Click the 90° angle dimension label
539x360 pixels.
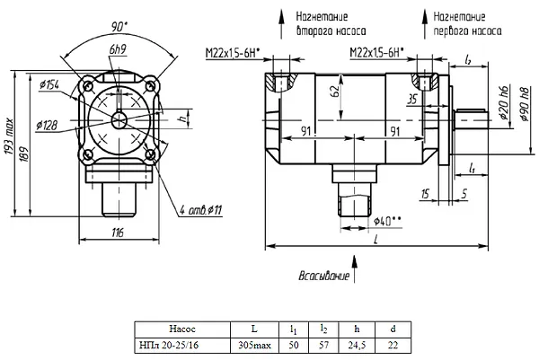pos(119,27)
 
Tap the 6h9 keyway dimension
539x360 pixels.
pos(118,49)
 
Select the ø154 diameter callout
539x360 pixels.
pos(49,84)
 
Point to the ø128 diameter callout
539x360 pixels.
pos(47,126)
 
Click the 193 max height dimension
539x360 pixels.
pos(9,136)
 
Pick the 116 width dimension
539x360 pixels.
pos(118,233)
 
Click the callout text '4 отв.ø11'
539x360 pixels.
pos(201,209)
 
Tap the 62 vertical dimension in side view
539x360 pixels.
pos(334,91)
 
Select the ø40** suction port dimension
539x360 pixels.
pos(387,221)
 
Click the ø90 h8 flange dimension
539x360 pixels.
pos(524,104)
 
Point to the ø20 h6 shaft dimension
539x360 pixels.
pos(504,102)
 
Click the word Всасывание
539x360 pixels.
pos(323,277)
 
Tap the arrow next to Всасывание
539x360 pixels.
pos(355,269)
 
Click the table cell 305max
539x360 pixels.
pos(254,345)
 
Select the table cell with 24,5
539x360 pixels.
pos(357,346)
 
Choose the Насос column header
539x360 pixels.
pos(182,329)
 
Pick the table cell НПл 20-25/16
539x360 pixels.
pos(169,345)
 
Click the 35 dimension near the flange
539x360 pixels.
pos(411,100)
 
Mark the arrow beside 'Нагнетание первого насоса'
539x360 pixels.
pos(425,24)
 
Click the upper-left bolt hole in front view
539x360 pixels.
pos(89,85)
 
